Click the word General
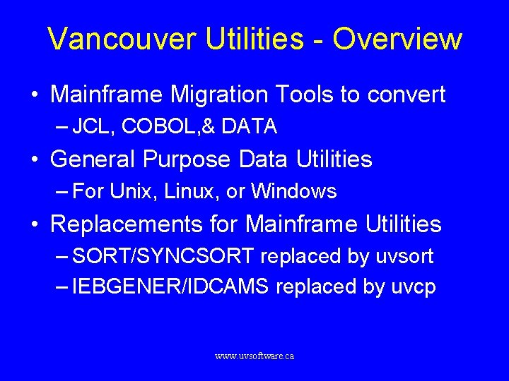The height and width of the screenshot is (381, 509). click(x=94, y=159)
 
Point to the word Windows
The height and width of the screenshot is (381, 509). click(x=294, y=191)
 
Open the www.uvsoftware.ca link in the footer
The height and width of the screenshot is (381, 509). click(x=255, y=356)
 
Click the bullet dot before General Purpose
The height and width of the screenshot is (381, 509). click(x=35, y=160)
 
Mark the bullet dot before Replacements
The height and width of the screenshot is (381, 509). click(x=35, y=225)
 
